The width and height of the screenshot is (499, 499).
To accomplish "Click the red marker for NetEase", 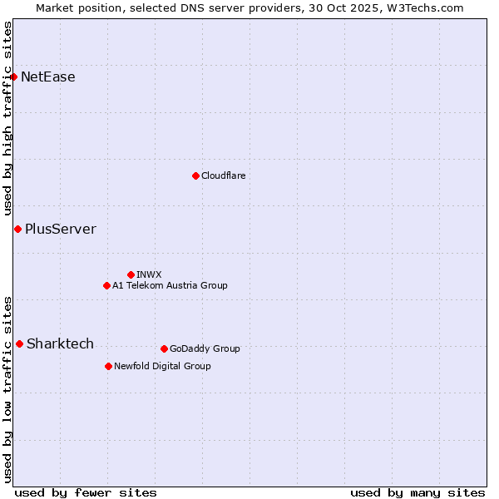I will coord(13,77).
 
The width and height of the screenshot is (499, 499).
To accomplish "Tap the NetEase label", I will coord(48,77).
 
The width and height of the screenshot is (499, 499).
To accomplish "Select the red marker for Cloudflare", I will coord(195,175).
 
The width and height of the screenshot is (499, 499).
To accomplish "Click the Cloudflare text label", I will coord(224,175).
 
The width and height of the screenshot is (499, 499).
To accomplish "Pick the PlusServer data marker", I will coord(17,229).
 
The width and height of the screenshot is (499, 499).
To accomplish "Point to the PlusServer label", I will coord(61,229).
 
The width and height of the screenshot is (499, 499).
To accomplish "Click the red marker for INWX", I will coord(131,274).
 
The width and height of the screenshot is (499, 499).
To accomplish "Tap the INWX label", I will coord(150,274).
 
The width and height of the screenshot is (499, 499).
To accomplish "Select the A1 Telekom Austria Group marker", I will coord(106,285).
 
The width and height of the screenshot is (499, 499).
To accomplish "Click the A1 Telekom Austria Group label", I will coord(170,285).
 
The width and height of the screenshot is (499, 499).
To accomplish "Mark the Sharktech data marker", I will coord(19,343).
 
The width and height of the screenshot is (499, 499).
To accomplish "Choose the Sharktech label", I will coord(60,343).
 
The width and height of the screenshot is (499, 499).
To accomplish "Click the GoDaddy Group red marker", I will coord(164,348).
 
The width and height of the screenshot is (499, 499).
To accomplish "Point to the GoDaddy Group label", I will coord(205,348).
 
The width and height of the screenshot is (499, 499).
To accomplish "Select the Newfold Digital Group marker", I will coord(108,366).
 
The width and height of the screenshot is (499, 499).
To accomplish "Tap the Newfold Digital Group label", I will coord(162,366).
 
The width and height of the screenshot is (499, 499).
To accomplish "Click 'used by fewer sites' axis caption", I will coord(86,492).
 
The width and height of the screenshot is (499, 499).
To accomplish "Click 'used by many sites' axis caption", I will coord(417,492).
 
